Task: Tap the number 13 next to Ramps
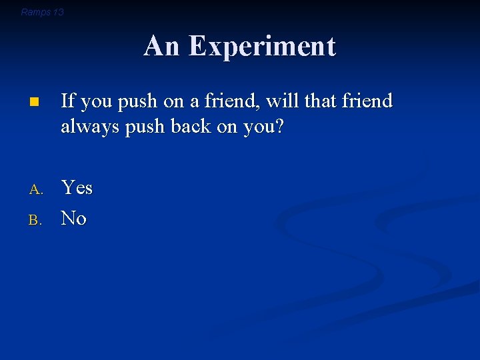point(58,12)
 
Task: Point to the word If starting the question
point(67,101)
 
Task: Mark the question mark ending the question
point(279,127)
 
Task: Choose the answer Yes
point(77,188)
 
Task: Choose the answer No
point(73,218)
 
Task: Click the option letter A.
point(35,190)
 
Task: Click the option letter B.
point(35,219)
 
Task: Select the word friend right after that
point(367,101)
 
